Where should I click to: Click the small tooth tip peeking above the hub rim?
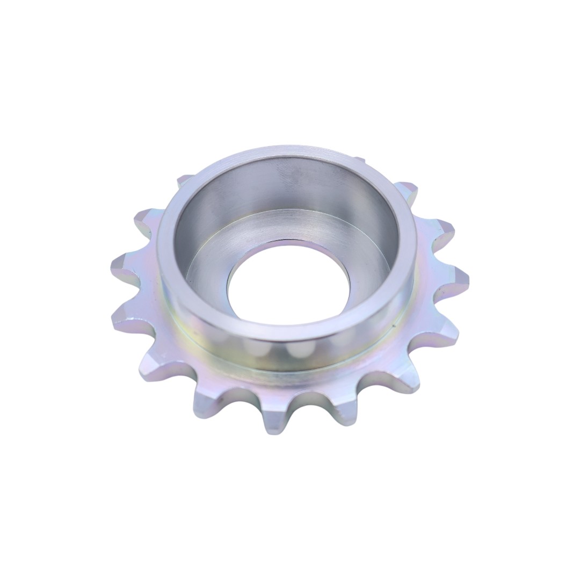pyautogui.click(x=359, y=160)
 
